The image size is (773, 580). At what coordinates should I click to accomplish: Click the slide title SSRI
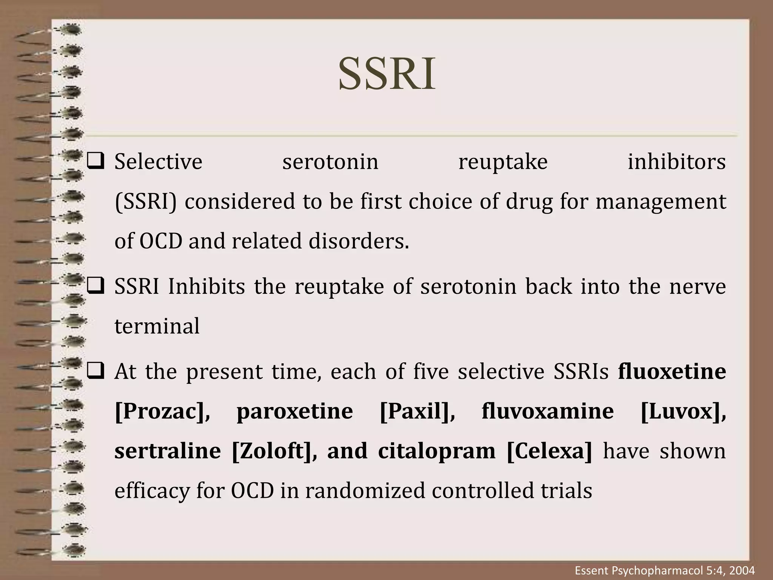[x=386, y=74]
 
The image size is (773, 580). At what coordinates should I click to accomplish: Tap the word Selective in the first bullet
[x=159, y=162]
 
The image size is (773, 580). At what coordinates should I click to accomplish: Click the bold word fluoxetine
[x=672, y=372]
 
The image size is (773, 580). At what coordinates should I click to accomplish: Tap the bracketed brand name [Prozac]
[x=162, y=412]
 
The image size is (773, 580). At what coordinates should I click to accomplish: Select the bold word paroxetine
[x=294, y=412]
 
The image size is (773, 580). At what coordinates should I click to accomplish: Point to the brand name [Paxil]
[x=417, y=412]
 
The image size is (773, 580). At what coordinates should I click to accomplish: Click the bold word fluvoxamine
[x=548, y=412]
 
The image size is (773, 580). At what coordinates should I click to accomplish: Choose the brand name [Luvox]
[x=683, y=412]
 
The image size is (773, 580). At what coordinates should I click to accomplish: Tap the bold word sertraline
[x=168, y=451]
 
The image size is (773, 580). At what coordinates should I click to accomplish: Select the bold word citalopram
[x=437, y=451]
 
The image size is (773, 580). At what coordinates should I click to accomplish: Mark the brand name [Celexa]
[x=550, y=451]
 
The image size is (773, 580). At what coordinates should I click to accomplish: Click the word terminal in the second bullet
[x=157, y=326]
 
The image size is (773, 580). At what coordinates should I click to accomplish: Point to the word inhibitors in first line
[x=676, y=162]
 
